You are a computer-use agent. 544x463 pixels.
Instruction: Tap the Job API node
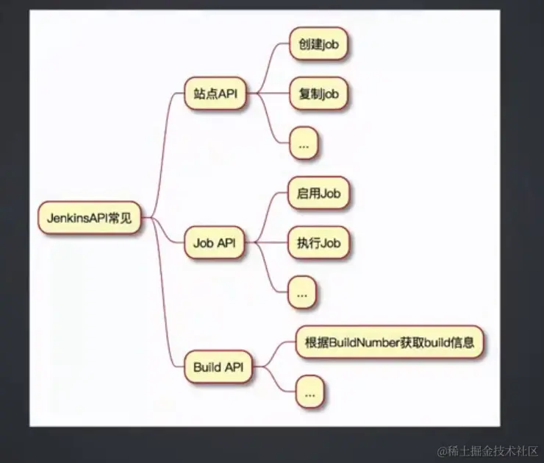214,244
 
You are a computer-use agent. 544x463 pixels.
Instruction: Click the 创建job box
318,44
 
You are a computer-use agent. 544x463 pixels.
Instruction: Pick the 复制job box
318,94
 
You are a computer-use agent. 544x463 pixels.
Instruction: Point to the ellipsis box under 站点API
304,145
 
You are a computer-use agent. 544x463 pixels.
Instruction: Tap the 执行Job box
318,243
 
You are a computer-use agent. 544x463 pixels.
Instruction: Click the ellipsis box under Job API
301,294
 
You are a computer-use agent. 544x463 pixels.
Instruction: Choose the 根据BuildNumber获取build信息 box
390,342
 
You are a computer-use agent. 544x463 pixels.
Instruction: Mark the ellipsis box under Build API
309,393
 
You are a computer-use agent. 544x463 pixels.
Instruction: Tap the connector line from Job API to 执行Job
268,243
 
